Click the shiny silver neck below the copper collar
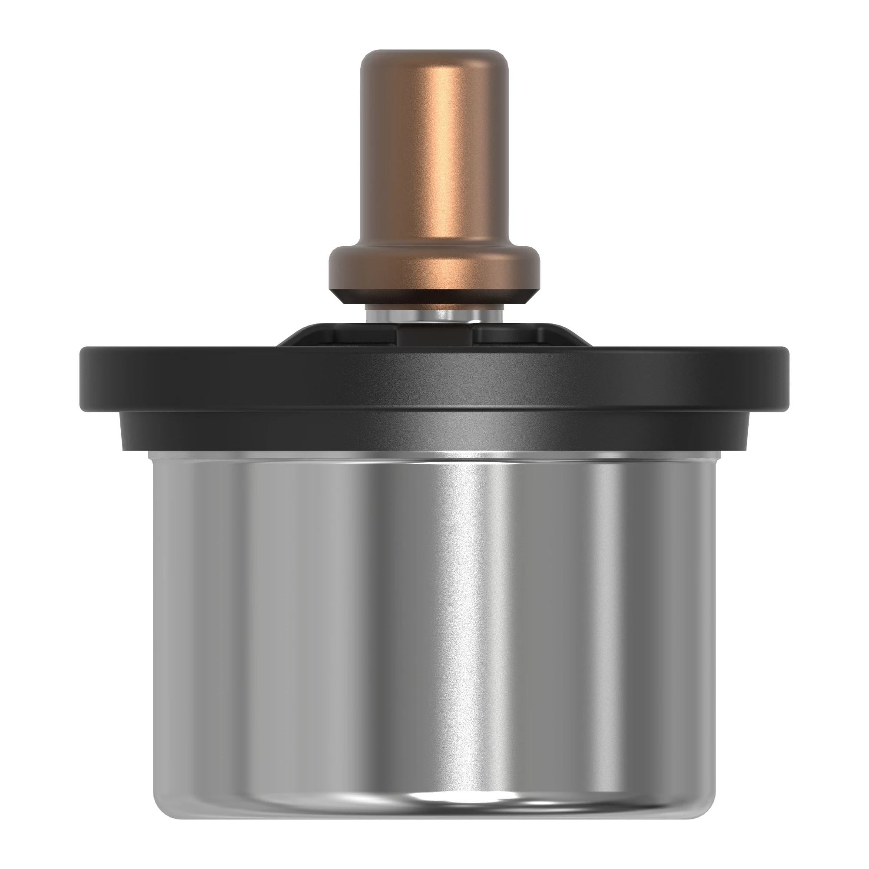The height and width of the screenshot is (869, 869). [434, 315]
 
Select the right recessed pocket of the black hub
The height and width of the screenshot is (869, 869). [508, 335]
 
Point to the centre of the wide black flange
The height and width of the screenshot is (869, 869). [434, 378]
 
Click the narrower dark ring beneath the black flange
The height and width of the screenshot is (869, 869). [434, 430]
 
